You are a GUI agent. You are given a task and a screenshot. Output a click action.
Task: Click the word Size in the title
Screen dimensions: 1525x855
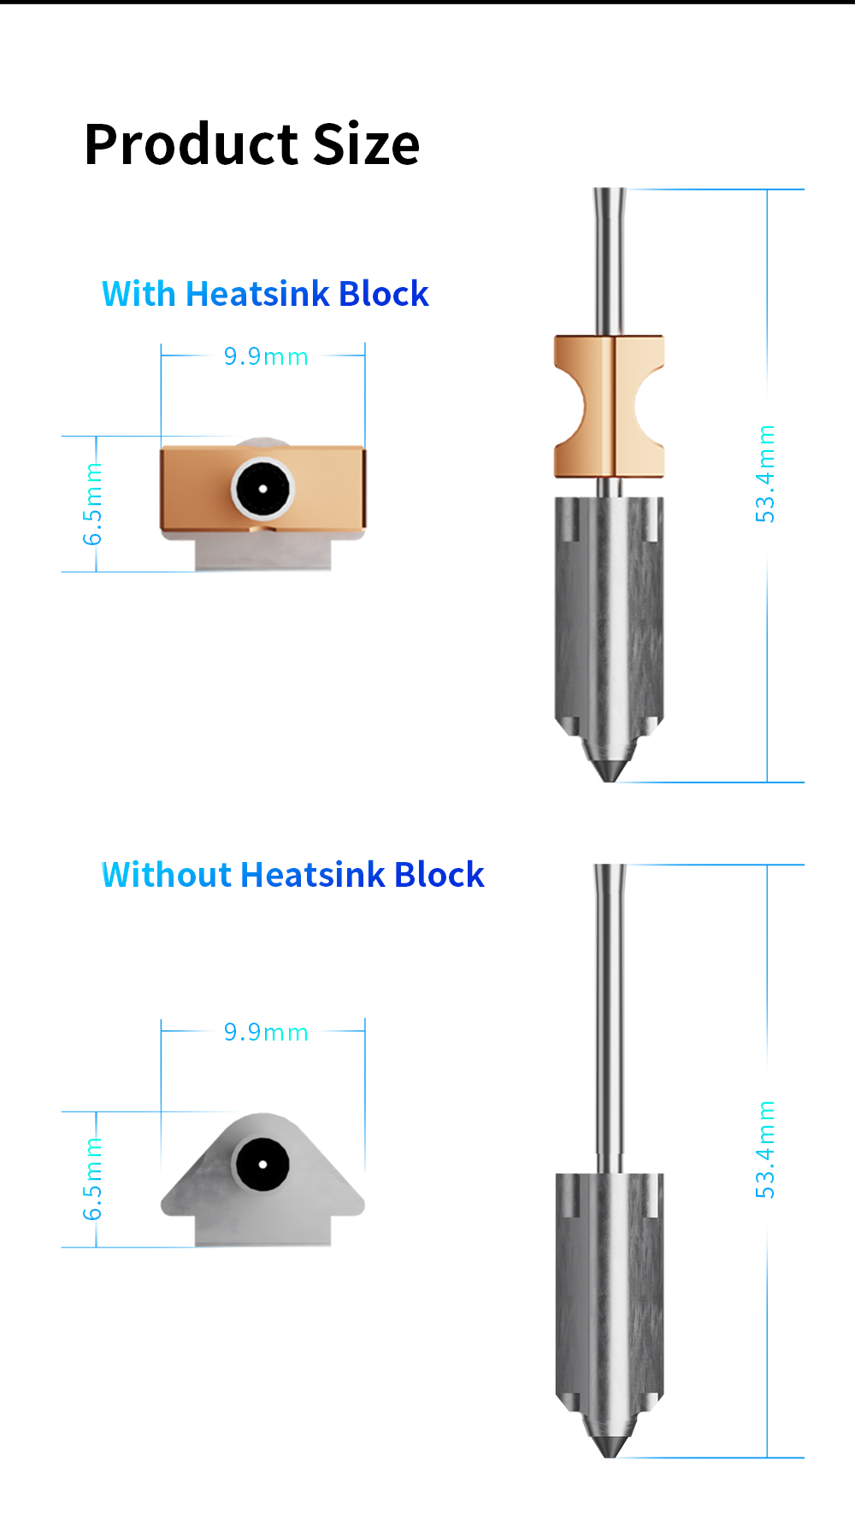point(366,144)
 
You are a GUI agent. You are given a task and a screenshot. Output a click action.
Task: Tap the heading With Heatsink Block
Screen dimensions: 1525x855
point(265,294)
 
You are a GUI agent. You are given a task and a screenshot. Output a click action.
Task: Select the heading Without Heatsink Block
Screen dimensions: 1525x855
point(292,875)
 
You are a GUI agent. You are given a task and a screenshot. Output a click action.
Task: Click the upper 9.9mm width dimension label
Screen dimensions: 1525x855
point(265,356)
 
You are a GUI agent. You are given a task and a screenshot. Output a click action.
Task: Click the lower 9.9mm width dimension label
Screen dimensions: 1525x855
point(265,1032)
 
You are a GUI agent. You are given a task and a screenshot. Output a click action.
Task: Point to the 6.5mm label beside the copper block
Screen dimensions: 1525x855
point(92,504)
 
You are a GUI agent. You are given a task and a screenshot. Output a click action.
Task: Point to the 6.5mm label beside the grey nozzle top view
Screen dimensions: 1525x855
point(92,1179)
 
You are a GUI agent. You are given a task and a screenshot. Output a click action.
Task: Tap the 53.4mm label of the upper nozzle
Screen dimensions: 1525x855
point(765,473)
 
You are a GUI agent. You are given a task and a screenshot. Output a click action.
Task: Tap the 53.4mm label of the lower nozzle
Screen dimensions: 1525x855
point(765,1149)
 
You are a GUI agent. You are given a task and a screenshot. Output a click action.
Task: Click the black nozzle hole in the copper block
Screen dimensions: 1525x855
point(262,489)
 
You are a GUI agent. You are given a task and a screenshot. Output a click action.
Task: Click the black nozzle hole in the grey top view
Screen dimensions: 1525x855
point(262,1164)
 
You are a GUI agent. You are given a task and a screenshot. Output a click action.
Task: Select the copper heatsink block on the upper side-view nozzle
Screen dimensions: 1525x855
point(609,406)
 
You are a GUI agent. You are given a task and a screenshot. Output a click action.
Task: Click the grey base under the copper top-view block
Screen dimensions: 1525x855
point(262,554)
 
